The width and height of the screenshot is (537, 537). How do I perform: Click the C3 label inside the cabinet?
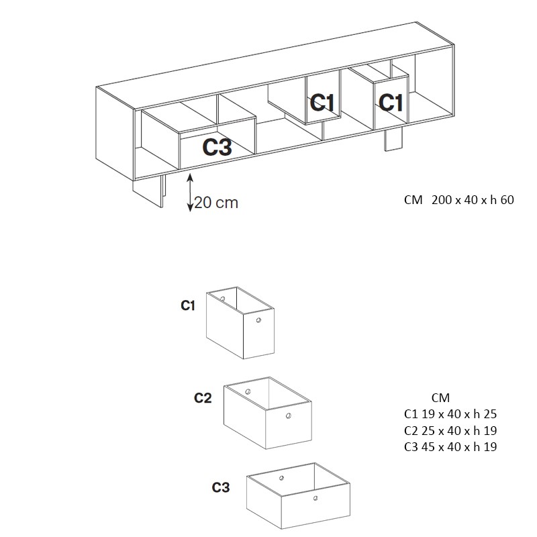tap(217, 147)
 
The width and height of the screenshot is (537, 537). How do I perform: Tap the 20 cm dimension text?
tap(216, 203)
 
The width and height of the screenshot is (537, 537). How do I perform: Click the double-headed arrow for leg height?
tap(190, 193)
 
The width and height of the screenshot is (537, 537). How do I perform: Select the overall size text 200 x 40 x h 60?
tap(473, 199)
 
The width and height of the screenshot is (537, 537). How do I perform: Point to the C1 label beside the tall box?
tap(188, 305)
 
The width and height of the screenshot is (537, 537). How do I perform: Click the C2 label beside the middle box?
tap(203, 397)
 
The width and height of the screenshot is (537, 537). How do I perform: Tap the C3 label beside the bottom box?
tap(221, 487)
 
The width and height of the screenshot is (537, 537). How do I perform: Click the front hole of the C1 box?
tap(258, 320)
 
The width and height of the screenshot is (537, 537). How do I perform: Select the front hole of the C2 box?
tap(289, 416)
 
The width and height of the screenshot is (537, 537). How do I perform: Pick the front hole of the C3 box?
tap(315, 498)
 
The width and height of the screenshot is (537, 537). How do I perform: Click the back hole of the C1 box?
tap(223, 299)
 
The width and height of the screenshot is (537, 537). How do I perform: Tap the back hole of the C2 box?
tap(248, 391)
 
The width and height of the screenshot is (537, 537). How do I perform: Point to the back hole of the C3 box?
tap(281, 478)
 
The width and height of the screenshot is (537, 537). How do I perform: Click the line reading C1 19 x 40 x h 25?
tap(450, 414)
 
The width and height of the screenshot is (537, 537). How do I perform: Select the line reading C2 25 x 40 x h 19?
tap(450, 430)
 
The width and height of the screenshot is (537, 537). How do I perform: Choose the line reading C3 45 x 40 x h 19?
tap(450, 446)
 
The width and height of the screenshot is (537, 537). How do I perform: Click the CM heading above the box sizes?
tap(440, 397)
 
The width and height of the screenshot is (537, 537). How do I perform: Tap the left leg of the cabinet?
tap(148, 192)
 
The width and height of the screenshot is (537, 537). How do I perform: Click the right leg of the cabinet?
tap(393, 140)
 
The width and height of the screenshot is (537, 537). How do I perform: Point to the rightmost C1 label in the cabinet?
tap(391, 102)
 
